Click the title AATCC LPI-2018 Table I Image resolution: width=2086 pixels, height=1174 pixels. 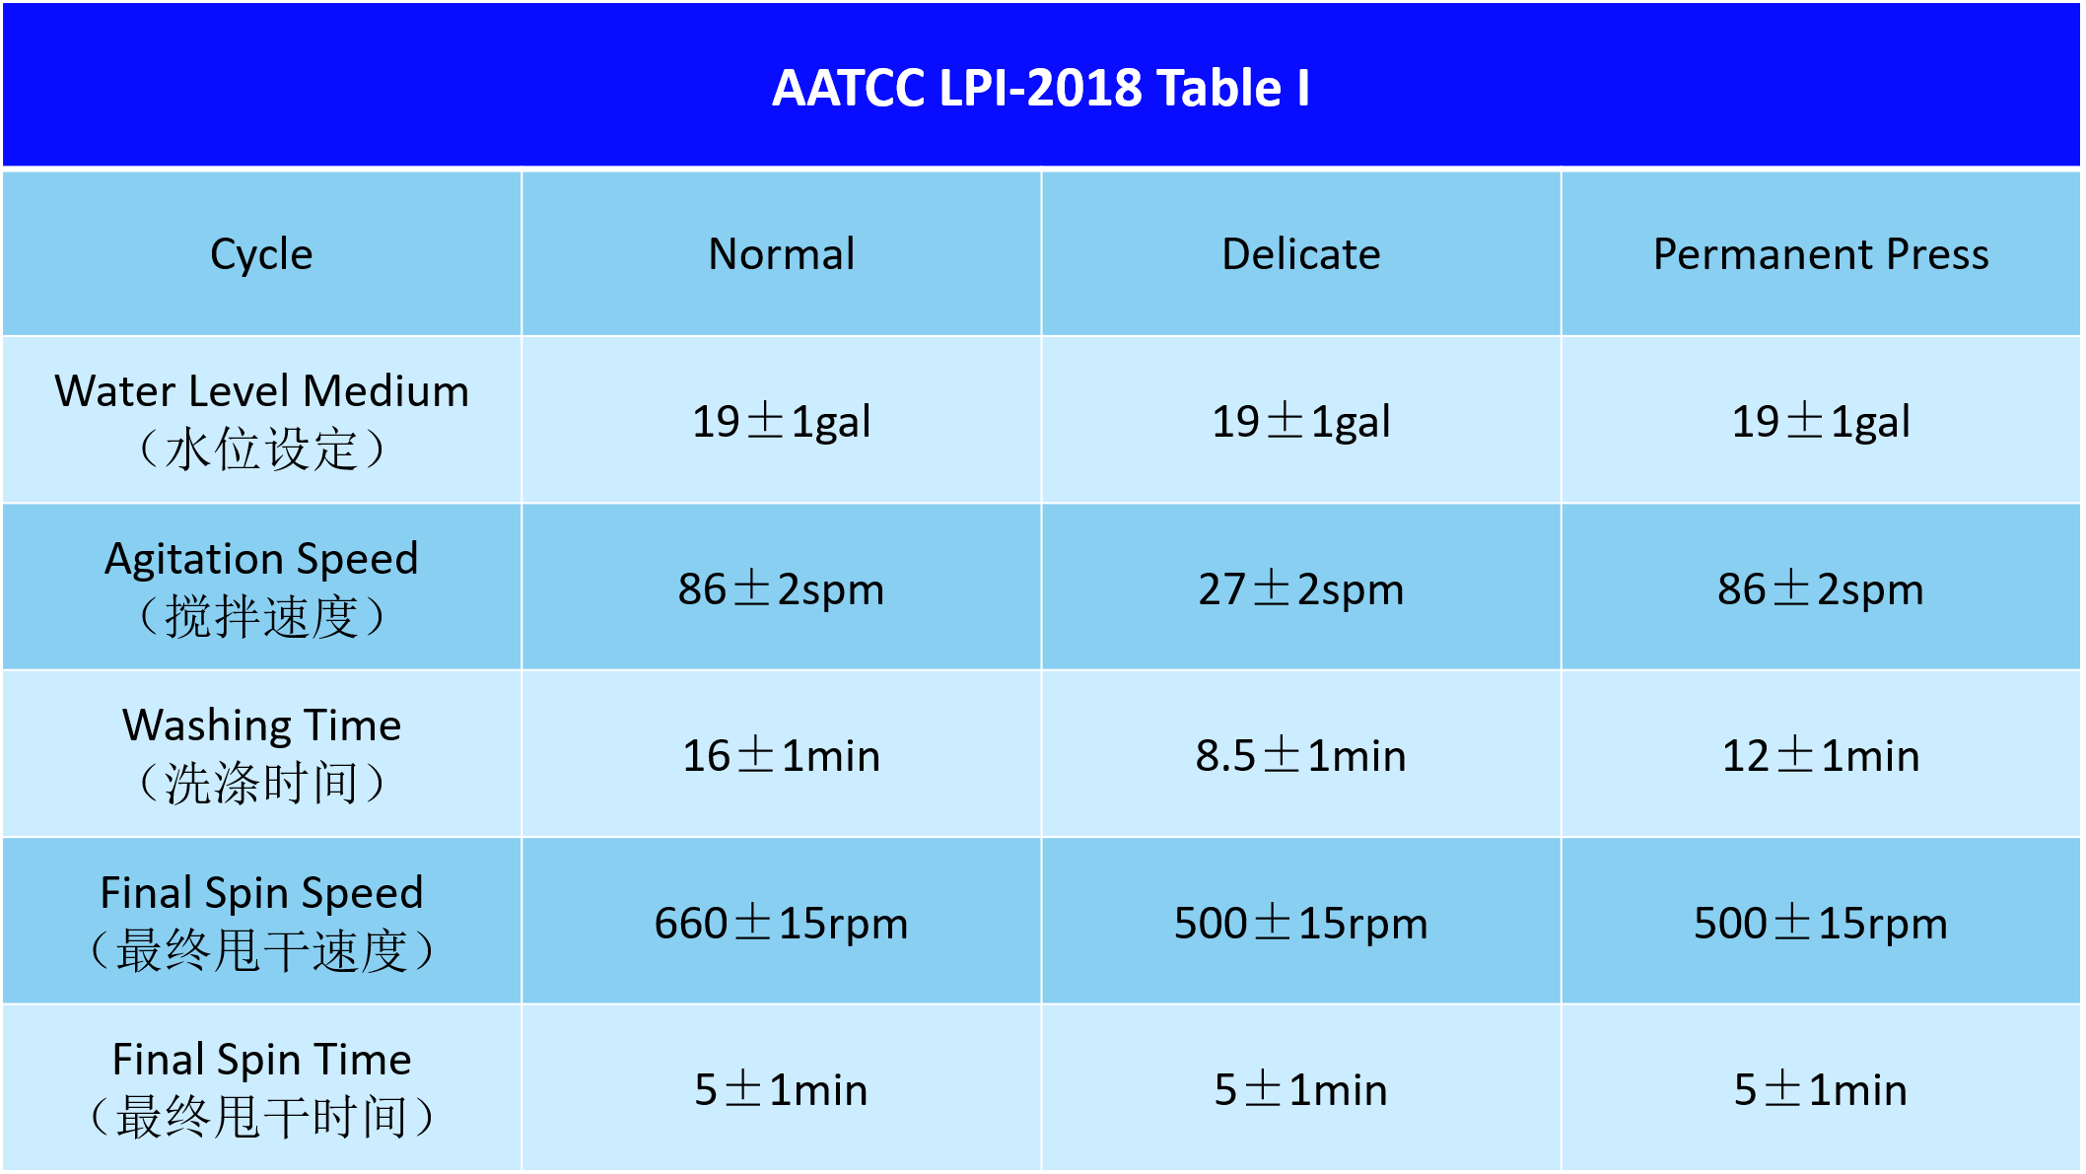(1041, 88)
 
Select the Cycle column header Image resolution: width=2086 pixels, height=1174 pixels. (261, 254)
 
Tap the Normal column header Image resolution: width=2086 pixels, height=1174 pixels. (782, 254)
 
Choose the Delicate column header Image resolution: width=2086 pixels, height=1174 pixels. (1301, 254)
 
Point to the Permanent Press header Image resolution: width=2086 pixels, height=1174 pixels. (1821, 254)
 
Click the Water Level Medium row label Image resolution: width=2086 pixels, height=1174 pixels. (261, 420)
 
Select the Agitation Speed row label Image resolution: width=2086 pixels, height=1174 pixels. (261, 587)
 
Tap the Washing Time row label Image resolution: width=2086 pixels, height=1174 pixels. (261, 754)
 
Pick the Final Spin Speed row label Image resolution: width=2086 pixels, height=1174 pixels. (261, 922)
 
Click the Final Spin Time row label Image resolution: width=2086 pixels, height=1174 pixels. (261, 1088)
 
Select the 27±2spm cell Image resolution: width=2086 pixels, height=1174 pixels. (1301, 588)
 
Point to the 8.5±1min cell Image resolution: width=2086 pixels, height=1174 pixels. (1301, 755)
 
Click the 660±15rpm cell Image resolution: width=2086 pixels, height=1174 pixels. (782, 923)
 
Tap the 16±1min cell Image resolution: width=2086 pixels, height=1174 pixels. (782, 755)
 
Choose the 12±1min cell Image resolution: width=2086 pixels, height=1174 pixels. (1821, 755)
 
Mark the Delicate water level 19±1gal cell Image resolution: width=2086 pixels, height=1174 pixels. (1301, 422)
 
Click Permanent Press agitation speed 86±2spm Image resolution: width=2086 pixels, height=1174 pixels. (1821, 588)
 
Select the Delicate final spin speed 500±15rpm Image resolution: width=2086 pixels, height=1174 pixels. (1301, 923)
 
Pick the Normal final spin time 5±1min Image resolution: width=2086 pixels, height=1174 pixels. (782, 1089)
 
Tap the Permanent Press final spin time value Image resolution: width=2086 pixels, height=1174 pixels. (1821, 1089)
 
